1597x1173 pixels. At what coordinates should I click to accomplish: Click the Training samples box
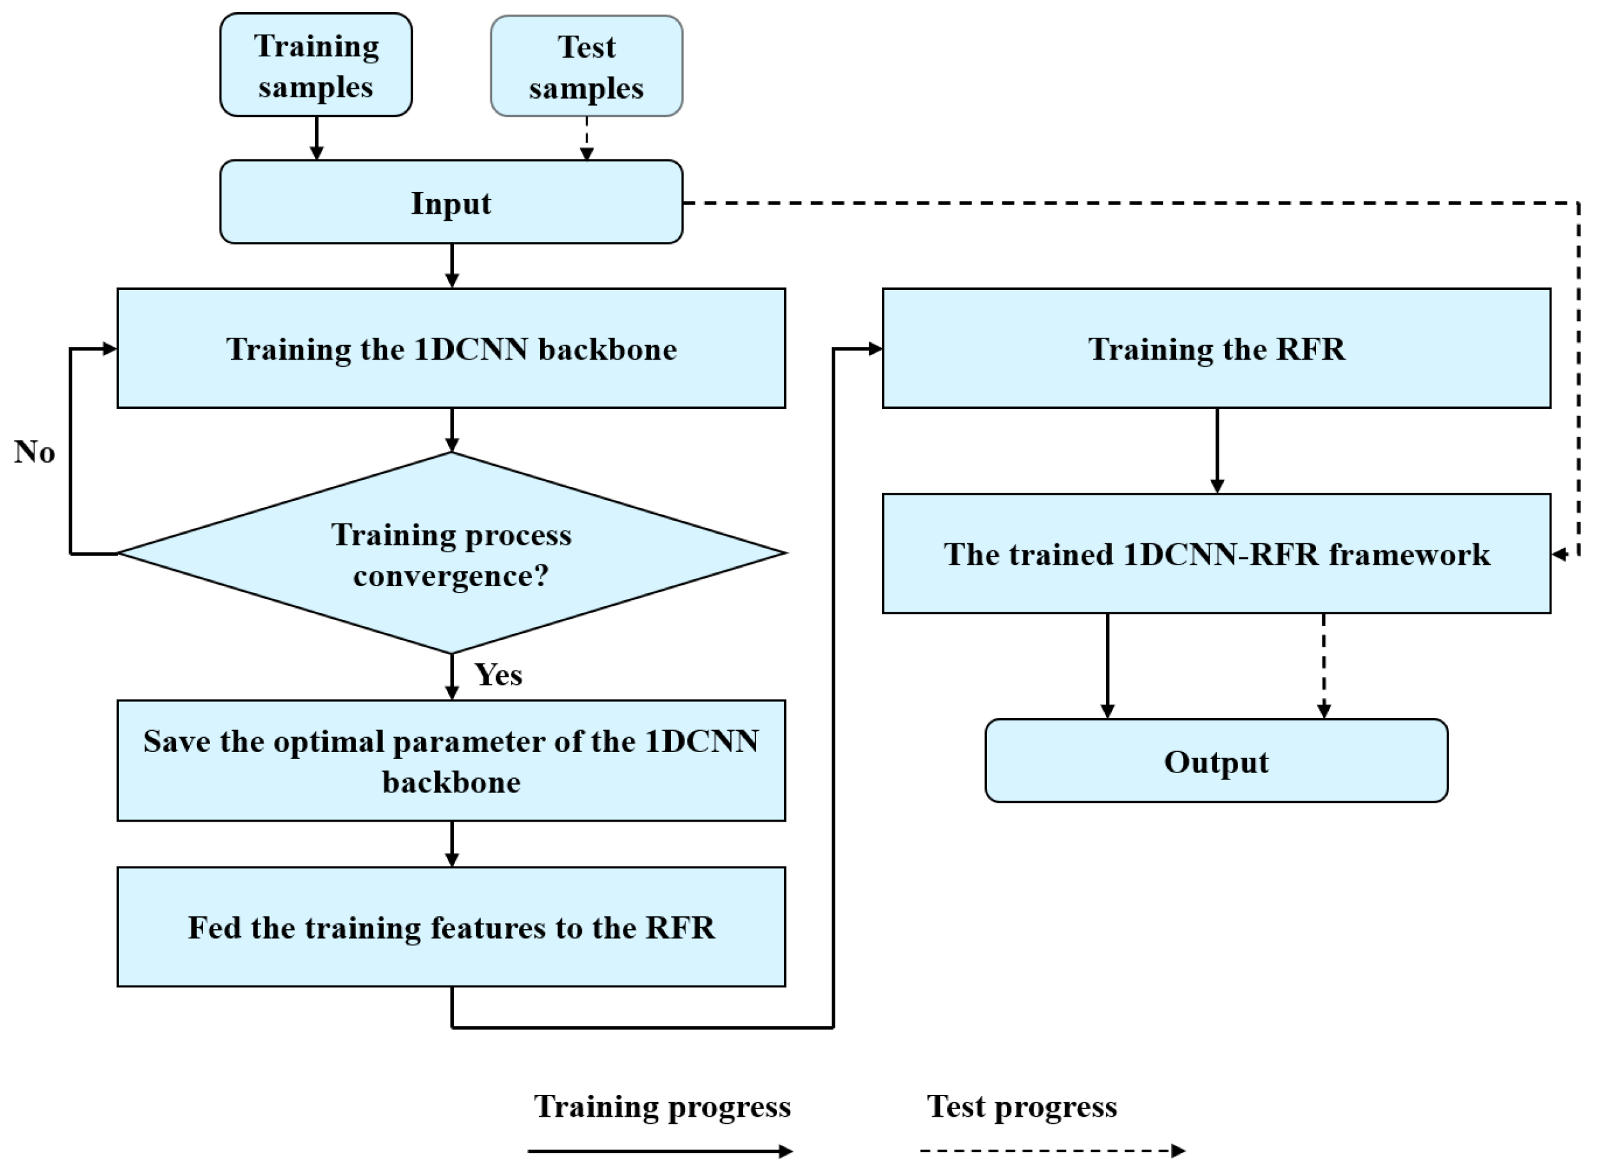316,65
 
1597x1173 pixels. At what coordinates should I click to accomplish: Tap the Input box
451,202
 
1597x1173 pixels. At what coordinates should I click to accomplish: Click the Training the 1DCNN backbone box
451,348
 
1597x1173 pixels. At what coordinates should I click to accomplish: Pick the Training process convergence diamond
451,554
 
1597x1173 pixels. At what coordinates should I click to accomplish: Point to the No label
34,452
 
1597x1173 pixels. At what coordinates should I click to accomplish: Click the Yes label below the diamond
499,674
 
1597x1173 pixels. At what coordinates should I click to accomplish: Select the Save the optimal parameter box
451,760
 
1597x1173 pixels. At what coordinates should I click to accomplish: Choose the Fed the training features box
451,927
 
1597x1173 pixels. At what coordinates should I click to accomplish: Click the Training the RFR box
1216,348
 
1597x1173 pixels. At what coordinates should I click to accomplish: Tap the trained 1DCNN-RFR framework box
1216,554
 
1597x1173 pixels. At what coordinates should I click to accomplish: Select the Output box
1216,761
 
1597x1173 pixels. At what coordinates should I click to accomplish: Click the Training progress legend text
662,1106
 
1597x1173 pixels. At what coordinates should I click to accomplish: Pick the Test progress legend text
1022,1106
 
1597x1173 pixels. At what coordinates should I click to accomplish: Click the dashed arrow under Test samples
586,138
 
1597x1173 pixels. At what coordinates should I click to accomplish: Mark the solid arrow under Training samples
317,138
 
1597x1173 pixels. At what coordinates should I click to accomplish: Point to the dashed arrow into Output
1324,666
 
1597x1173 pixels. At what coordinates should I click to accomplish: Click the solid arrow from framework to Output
1107,666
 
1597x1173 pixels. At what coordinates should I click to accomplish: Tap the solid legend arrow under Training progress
661,1151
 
